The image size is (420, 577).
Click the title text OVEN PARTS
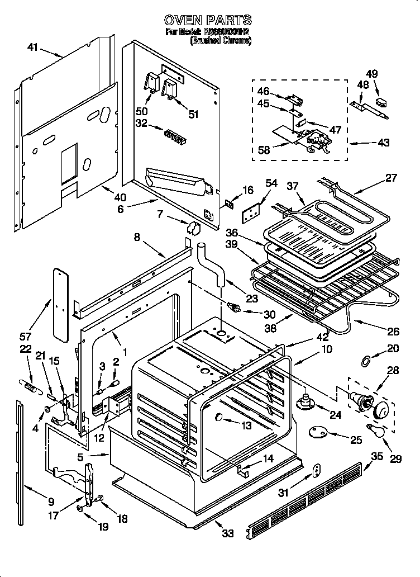tap(208, 21)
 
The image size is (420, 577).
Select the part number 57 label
tap(26, 337)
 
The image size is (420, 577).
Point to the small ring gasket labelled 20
tap(365, 362)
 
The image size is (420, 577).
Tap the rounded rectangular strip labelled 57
tap(60, 302)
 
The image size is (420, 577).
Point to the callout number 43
tap(383, 143)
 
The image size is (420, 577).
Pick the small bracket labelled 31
tap(316, 471)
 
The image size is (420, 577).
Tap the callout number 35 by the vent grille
tap(378, 456)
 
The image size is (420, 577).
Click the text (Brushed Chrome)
tap(221, 41)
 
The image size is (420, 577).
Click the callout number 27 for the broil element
tap(391, 178)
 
